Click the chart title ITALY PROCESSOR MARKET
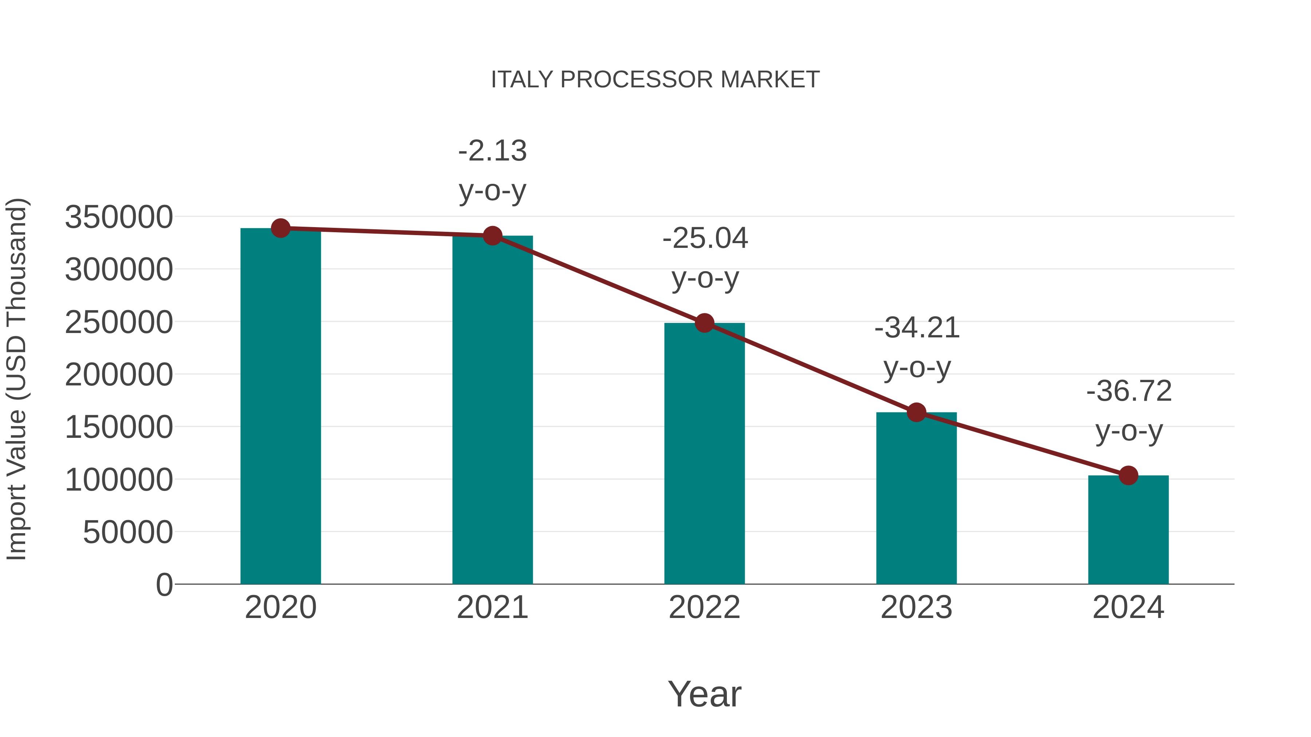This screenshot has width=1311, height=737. click(655, 80)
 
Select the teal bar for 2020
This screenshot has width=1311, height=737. click(280, 407)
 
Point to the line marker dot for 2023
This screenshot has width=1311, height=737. click(917, 412)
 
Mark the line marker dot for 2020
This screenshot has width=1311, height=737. click(280, 228)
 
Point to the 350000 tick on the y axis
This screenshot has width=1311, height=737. click(119, 217)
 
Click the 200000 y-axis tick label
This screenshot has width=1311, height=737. click(119, 375)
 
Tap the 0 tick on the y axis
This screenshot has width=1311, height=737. click(164, 585)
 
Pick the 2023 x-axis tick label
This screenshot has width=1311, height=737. click(917, 607)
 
